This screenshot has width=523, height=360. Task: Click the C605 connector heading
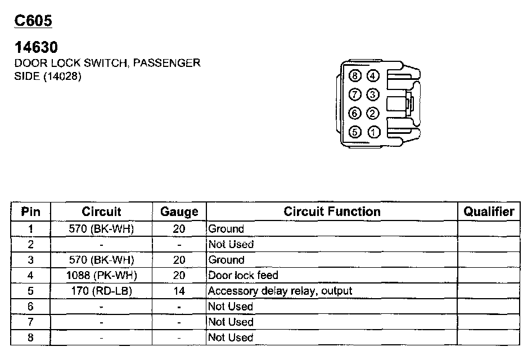coord(33,21)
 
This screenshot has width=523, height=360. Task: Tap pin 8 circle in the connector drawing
coord(355,75)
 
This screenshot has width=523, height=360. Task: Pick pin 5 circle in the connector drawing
coord(355,133)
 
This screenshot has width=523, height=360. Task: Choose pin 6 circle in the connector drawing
coord(355,114)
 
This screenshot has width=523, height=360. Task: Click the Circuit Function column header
coord(332,211)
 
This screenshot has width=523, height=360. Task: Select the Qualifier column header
coord(489,211)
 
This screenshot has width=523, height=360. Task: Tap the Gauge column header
coord(179,212)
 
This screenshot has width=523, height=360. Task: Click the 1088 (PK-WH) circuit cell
coord(101,276)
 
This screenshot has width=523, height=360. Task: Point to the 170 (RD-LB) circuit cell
coord(101,291)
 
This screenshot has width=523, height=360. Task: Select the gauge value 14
coord(179,291)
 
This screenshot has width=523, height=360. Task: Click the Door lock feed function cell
coord(243,276)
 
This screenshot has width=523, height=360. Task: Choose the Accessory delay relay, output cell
coord(280,291)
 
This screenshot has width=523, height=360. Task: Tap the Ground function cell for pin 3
coord(226,260)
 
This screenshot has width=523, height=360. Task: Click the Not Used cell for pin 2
coord(231,244)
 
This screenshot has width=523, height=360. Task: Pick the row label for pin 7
coord(30,322)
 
